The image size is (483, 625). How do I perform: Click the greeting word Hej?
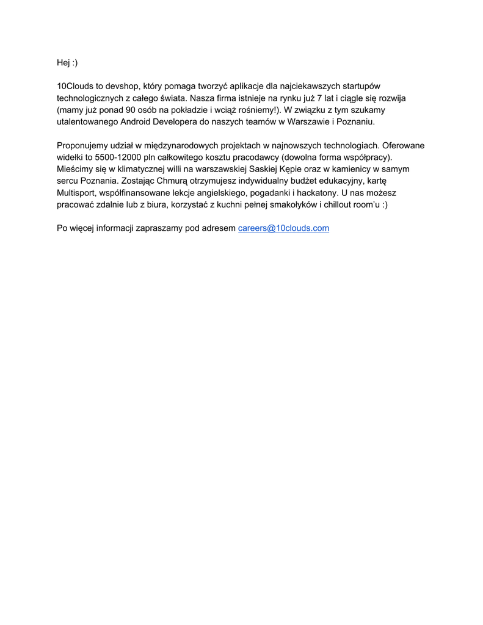64,63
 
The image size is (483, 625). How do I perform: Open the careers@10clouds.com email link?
283,228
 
